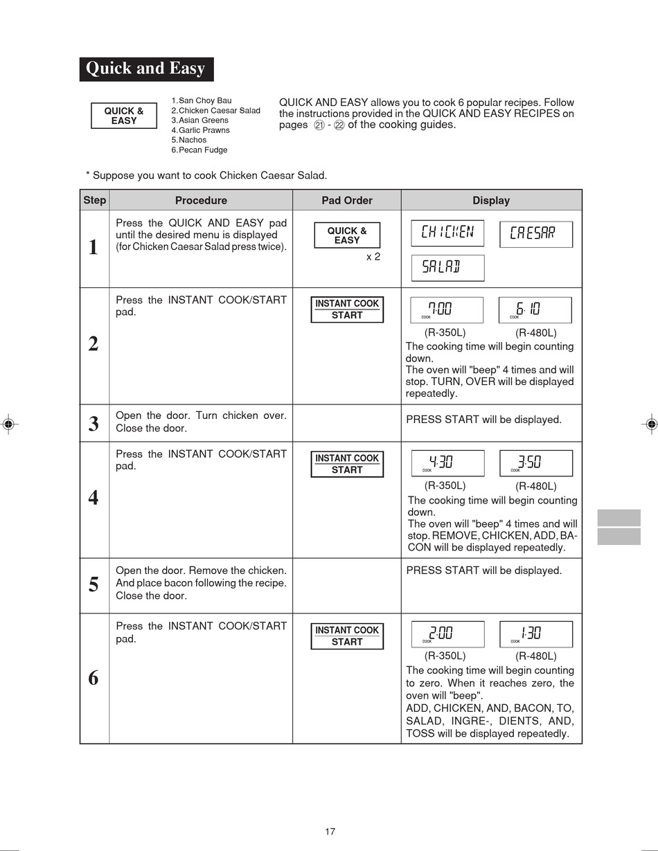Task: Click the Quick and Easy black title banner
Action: (146, 69)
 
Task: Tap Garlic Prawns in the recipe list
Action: (201, 130)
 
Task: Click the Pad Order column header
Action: (346, 201)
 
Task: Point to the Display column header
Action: (491, 201)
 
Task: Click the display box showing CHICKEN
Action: (447, 233)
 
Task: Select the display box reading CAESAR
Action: (536, 234)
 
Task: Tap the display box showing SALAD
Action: (447, 268)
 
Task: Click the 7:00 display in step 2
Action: (447, 310)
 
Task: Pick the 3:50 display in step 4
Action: (536, 463)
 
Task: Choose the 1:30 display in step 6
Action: (536, 634)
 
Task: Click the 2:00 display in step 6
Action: (447, 634)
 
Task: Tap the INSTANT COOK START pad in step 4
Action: (347, 464)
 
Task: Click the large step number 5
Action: (94, 584)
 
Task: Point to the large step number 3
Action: (94, 423)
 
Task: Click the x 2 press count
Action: (373, 257)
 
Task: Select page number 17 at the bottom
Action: (330, 831)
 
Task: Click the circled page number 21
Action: (319, 126)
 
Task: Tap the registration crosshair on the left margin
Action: (9, 424)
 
